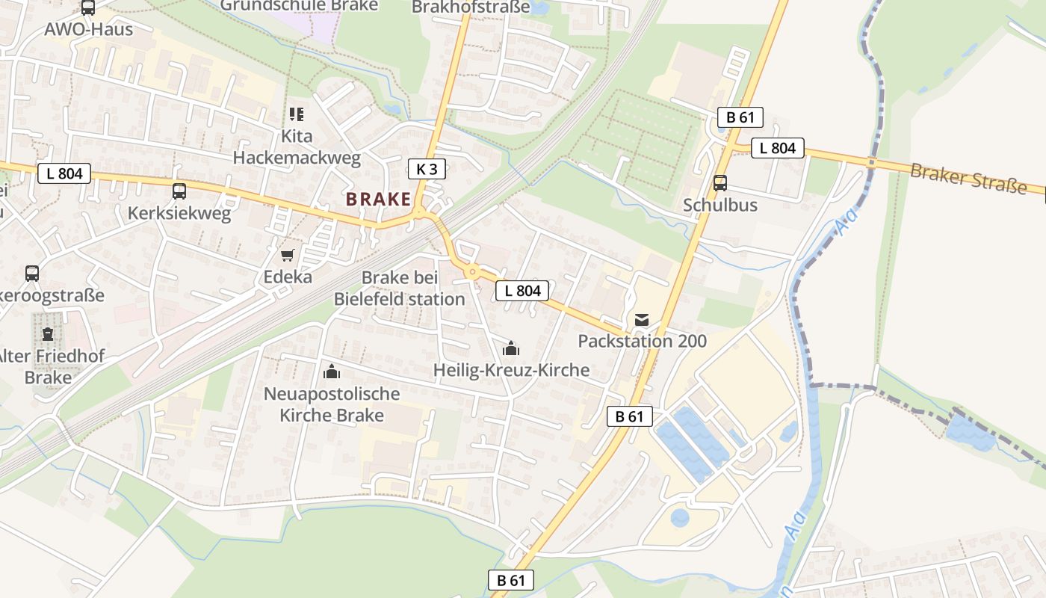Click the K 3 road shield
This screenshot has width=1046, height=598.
point(427,169)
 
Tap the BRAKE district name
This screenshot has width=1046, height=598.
point(378,200)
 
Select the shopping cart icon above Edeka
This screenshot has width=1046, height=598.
point(288,255)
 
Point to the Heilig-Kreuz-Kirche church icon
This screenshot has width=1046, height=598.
point(511,348)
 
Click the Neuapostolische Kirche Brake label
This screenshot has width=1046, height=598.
point(332,404)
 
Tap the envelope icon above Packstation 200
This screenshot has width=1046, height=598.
point(642,320)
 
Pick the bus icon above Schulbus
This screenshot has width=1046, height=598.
point(720,183)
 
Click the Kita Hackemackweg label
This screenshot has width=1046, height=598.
point(297,147)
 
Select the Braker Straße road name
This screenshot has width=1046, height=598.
point(968,178)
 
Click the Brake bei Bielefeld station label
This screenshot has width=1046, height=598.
point(399,289)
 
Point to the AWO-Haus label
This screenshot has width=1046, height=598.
point(88,30)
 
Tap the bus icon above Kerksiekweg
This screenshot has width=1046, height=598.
point(179,191)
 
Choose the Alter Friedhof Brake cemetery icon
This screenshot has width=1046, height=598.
point(48,333)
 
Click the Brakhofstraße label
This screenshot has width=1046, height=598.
point(471,7)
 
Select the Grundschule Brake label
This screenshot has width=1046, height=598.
point(299,5)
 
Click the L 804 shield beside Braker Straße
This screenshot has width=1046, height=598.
point(777,148)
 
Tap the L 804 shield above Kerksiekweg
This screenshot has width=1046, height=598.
point(64,174)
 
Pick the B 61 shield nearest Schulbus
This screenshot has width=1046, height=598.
point(740,117)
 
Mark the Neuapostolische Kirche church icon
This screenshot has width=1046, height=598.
point(331,372)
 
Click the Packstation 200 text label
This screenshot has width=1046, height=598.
point(642,342)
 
